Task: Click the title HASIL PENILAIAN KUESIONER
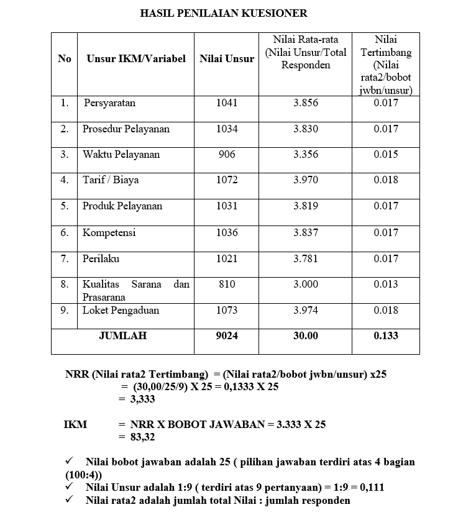[x=224, y=12]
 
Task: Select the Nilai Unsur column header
[x=227, y=59]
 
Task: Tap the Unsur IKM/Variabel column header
[x=136, y=59]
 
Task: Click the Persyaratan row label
[x=109, y=103]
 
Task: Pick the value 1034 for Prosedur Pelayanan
[x=227, y=129]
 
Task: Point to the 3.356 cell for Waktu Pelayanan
[x=306, y=155]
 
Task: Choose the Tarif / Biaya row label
[x=111, y=180]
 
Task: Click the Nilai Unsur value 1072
[x=227, y=180]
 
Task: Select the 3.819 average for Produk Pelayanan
[x=306, y=206]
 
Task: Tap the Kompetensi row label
[x=109, y=232]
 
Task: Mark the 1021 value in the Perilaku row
[x=227, y=258]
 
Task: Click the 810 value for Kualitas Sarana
[x=227, y=284]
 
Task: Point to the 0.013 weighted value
[x=386, y=284]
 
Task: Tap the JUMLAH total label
[x=122, y=335]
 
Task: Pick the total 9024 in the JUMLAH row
[x=227, y=335]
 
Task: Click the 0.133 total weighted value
[x=386, y=335]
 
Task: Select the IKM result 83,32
[x=142, y=437]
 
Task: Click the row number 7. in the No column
[x=64, y=258]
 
